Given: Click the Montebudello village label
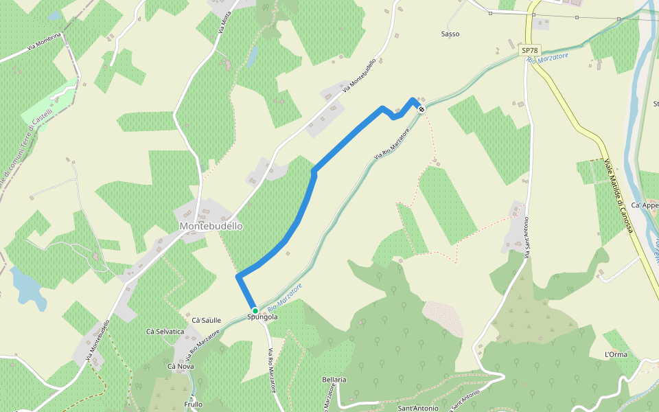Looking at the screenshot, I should tap(211, 226).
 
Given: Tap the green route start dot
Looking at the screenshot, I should tap(255, 310).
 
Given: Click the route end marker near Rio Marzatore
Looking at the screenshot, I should tap(421, 109).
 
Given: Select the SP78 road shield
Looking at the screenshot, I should tap(529, 50).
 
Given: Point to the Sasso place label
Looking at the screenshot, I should tap(450, 34).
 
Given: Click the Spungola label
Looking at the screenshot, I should tap(263, 318).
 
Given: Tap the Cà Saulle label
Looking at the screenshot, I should tap(206, 321).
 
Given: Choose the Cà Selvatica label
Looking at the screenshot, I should tap(165, 332).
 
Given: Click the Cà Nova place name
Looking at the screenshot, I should tap(181, 367).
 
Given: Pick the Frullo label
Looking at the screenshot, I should tap(194, 404).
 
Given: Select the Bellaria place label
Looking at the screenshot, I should tap(334, 380).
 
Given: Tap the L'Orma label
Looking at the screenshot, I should tap(616, 354).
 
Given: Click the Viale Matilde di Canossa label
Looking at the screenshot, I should tap(618, 196).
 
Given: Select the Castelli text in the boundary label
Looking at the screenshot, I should tap(42, 111).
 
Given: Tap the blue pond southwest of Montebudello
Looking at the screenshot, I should tap(27, 288).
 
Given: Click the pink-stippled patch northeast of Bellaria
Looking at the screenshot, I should tap(443, 319).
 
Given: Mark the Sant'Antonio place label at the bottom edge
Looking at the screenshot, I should tap(418, 409).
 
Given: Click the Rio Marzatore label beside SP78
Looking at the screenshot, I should tap(548, 60).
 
